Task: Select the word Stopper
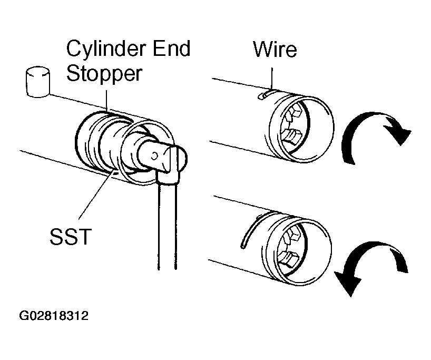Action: tap(104, 74)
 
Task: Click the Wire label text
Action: tap(275, 49)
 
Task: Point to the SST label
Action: tap(71, 236)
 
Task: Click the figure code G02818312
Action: tap(54, 316)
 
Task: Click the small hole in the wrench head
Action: tap(154, 156)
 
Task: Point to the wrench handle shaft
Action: tap(167, 226)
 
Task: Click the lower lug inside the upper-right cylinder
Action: tap(291, 136)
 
